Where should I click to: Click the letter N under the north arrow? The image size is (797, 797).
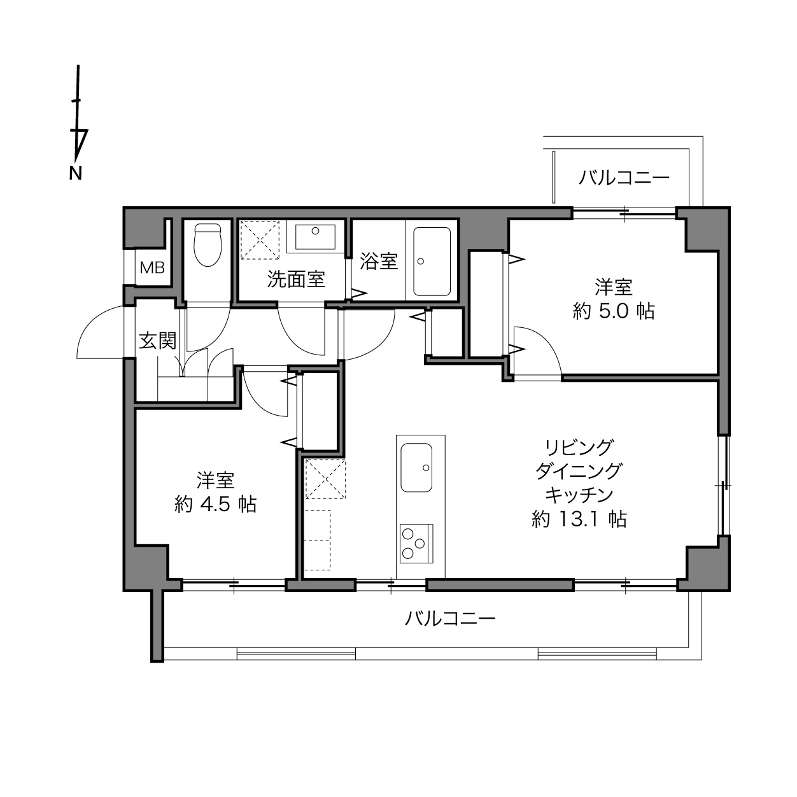(75, 173)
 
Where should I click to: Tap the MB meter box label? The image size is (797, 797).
(152, 268)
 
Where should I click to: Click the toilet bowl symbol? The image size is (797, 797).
(208, 245)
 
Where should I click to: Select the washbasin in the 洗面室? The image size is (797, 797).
(315, 237)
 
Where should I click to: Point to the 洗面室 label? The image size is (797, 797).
(296, 279)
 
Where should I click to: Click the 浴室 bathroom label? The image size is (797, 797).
(378, 261)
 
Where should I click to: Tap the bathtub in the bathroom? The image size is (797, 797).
(432, 262)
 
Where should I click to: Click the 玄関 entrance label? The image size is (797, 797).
(158, 341)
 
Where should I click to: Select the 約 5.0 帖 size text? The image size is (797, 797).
(614, 311)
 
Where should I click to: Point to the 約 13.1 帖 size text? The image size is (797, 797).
(579, 519)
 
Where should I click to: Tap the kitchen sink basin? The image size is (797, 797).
(416, 467)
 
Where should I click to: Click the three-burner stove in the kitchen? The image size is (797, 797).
(416, 543)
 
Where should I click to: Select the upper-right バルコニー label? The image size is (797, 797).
(624, 178)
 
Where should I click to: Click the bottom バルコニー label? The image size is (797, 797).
(450, 619)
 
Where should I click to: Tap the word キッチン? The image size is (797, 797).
(579, 495)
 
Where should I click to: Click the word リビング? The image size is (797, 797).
(579, 447)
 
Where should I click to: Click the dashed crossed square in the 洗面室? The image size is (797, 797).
(260, 240)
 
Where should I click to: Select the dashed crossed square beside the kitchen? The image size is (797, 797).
(325, 479)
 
